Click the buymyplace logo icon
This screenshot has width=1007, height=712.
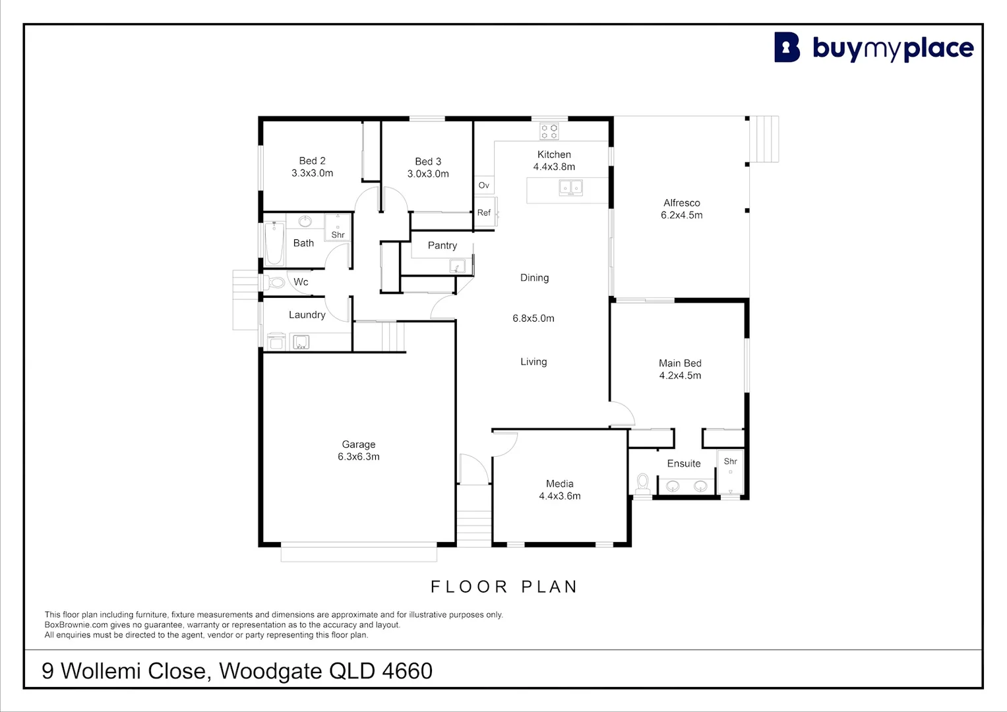coord(787,47)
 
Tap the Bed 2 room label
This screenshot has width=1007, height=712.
coord(312,161)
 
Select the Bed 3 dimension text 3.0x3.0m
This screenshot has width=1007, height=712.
coord(428,174)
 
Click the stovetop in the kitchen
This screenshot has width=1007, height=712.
coord(549,131)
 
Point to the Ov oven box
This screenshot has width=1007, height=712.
coord(484,185)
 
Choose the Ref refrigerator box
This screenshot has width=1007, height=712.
coord(485,212)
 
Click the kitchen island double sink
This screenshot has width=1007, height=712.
coord(571,189)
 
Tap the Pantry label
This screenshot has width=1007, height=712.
coord(442,245)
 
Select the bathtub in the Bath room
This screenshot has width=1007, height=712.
coord(274,243)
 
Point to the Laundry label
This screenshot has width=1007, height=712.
coord(307,315)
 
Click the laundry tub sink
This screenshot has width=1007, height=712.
coord(301,342)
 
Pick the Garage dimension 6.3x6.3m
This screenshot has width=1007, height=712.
coord(359,457)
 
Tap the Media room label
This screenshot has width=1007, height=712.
coord(559,484)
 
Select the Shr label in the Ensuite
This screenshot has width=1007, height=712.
coord(730,461)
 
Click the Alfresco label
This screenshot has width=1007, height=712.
coord(681,203)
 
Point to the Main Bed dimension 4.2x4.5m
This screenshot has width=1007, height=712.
coord(680,376)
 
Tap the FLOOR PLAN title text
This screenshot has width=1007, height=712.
coord(504,587)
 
